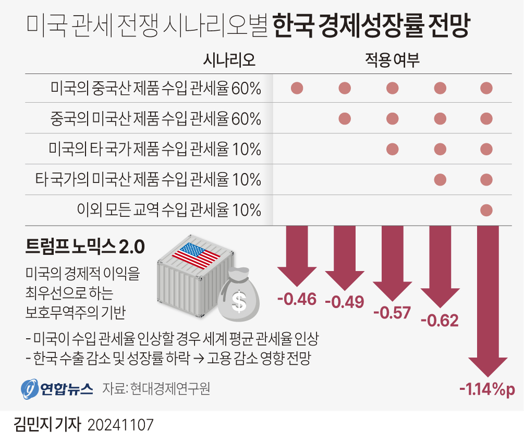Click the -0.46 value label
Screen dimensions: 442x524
pos(297,299)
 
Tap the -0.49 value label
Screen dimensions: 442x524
pos(344,302)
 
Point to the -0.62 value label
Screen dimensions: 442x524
pos(439,320)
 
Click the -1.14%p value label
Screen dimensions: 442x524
pos(486,389)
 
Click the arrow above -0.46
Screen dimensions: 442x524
pos(297,256)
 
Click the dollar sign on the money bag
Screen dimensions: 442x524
pos(239,301)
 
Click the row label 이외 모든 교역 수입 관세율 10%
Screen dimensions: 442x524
pos(168,210)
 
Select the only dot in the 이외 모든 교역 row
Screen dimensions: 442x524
pos(486,210)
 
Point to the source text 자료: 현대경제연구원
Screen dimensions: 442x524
pos(156,389)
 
